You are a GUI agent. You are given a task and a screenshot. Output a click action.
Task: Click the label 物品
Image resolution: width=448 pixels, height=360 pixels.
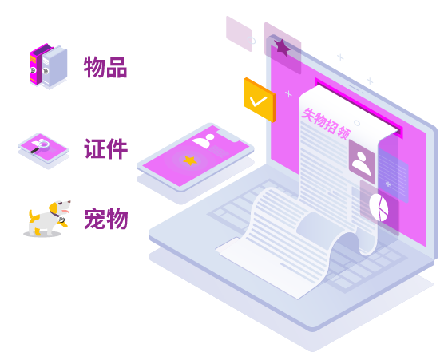tap(105, 67)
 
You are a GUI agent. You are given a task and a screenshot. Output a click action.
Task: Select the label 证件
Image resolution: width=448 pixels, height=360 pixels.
tap(105, 148)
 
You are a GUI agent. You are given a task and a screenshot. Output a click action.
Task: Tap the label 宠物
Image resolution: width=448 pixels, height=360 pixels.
tap(105, 219)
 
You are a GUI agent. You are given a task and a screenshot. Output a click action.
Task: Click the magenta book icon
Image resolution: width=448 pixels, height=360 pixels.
tap(36, 65)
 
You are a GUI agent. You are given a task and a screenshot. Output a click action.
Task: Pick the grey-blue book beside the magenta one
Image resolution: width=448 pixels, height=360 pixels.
tap(55, 66)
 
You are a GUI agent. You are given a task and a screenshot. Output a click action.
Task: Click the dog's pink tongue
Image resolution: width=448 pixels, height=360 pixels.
tap(66, 212)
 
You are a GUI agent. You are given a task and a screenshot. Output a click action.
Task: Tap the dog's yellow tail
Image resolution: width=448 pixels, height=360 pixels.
tap(30, 215)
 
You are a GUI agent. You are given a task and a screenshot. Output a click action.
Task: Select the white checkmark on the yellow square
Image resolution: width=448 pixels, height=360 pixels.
tap(258, 101)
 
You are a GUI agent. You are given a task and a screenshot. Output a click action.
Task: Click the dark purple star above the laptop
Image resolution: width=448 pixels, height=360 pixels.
tap(282, 48)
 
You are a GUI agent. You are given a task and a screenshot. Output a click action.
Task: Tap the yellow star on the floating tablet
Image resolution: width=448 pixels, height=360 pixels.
tap(190, 160)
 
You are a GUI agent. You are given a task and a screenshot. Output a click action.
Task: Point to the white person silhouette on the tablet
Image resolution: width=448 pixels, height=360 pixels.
tap(204, 140)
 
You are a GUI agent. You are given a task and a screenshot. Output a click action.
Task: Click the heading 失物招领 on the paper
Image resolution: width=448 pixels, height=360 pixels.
tap(326, 125)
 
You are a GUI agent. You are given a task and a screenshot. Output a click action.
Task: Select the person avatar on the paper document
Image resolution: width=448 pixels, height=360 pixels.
tap(362, 162)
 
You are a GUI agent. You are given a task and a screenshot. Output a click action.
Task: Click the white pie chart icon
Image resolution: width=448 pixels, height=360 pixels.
tap(379, 208)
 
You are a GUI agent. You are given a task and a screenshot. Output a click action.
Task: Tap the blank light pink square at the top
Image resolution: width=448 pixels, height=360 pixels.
tap(239, 34)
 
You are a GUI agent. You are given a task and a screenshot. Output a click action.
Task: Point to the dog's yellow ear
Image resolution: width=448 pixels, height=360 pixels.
tap(54, 208)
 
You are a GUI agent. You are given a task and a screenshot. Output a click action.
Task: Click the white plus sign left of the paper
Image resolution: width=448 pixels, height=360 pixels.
tap(288, 93)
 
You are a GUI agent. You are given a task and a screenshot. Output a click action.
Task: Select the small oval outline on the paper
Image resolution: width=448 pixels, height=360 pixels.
tap(357, 123)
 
